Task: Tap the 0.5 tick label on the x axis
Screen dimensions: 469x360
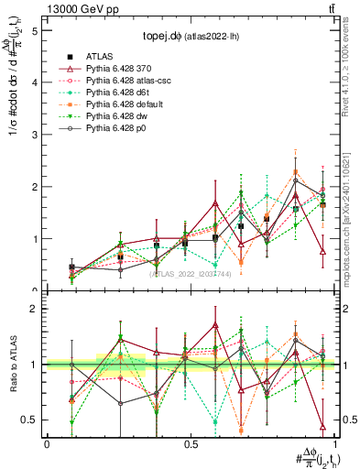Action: pos(190,443)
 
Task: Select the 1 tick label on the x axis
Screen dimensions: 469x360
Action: pos(332,443)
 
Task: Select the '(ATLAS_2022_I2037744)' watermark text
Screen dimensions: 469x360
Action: pos(190,272)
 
